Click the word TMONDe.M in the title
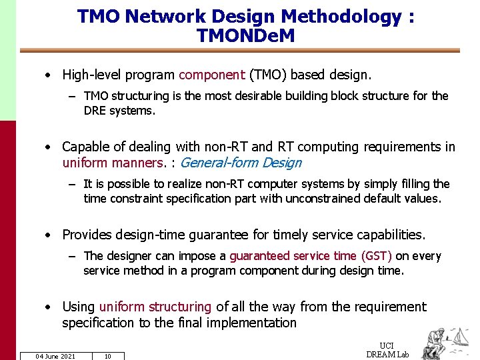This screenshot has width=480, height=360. click(x=245, y=36)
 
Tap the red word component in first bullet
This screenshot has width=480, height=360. click(x=211, y=75)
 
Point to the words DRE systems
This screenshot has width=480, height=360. click(x=119, y=111)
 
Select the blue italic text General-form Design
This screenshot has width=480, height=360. click(x=241, y=163)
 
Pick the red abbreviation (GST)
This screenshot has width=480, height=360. click(x=376, y=256)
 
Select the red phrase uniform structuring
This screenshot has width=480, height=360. click(x=155, y=307)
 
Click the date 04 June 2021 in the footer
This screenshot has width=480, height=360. click(x=55, y=356)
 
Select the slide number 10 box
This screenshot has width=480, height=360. click(x=107, y=356)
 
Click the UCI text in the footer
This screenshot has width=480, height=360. click(x=386, y=345)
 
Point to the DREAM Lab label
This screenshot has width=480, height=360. click(x=387, y=355)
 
